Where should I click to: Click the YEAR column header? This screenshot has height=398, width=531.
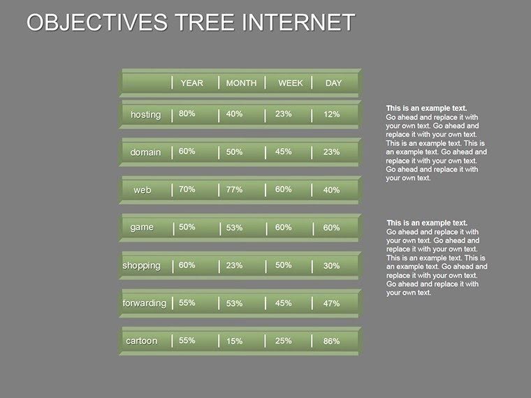pos(191,83)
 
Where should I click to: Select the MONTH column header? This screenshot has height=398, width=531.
pos(241,83)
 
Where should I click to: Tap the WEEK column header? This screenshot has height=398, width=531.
pos(291,83)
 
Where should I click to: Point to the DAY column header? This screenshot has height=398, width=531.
pos(333,83)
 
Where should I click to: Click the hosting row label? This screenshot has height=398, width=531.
pos(145,115)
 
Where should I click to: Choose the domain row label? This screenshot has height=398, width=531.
pos(145,152)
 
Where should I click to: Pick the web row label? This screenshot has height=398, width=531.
pos(143,190)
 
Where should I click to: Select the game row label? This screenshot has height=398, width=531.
pos(142,228)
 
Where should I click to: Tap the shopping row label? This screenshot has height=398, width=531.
pos(141,265)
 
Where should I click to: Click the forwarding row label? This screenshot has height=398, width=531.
pos(144,303)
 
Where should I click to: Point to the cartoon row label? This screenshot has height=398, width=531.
pos(141,341)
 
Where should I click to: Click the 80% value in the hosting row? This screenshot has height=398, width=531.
pos(187,113)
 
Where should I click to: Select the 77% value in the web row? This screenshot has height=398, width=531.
pos(234,189)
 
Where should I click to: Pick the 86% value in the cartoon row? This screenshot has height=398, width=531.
pos(331,341)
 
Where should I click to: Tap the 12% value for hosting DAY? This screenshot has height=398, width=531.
pos(331,115)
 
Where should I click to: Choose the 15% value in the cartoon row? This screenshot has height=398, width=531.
pos(234,341)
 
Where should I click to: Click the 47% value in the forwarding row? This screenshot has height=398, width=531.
pos(331,304)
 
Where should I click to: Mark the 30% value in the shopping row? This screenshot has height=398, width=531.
pos(331,266)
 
